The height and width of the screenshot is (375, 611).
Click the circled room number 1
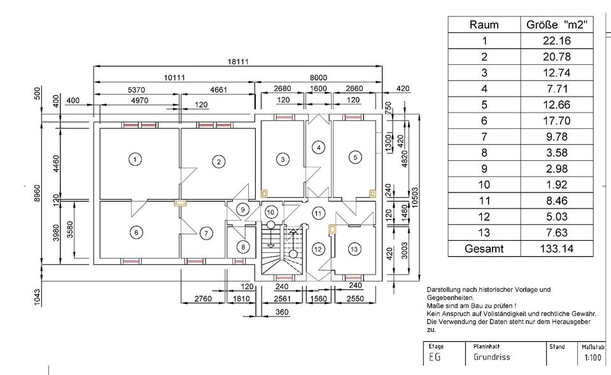(134, 159)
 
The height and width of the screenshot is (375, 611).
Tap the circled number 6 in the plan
(136, 233)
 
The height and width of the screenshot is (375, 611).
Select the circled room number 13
(354, 248)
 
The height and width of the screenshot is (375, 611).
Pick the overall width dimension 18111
(237, 61)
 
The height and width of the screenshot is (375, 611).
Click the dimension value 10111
(174, 78)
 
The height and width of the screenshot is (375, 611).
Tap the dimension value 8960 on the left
(37, 191)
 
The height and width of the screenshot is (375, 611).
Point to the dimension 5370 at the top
(136, 91)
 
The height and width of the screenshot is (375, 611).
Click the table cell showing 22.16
(557, 41)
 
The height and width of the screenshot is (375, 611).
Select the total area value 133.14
(557, 249)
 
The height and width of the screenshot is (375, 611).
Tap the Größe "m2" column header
(557, 25)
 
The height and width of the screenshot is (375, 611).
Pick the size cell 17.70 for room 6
(557, 121)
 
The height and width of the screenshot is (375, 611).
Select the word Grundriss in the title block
(491, 357)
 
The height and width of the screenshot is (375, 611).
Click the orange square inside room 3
(265, 193)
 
